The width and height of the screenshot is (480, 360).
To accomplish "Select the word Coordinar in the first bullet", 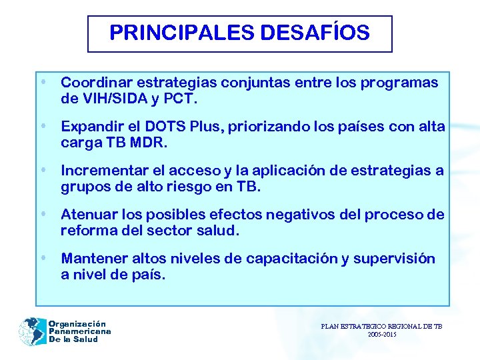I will pos(93,83).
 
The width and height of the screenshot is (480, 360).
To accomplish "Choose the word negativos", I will pos(298,215).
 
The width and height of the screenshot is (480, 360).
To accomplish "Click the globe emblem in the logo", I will pos(31,331).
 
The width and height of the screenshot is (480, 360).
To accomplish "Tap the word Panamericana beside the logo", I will pos(79,331).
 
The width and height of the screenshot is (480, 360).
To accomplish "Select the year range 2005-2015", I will pos(381,335).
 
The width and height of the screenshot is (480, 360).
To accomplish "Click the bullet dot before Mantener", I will pos(43,257).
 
